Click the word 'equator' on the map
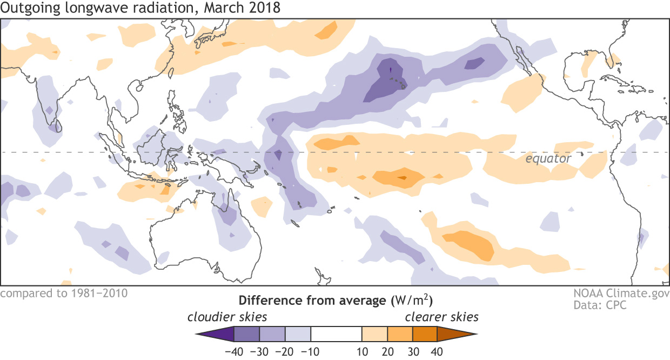(x=548, y=159)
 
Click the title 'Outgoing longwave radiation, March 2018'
(x=140, y=8)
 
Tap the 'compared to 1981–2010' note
(x=64, y=294)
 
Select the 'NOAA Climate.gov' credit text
(x=622, y=294)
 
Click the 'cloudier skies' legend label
(x=227, y=316)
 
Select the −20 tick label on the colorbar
(x=285, y=351)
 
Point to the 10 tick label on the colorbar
(x=363, y=351)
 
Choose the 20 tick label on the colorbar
(x=388, y=351)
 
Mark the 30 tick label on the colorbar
(x=413, y=351)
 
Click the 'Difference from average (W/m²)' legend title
(x=336, y=300)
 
